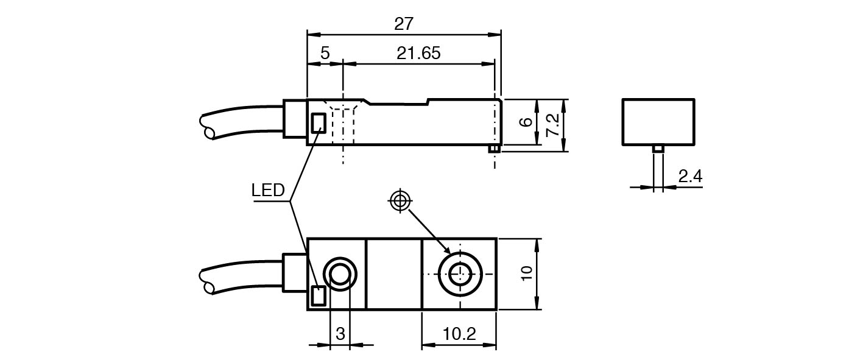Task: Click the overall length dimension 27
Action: coord(404,24)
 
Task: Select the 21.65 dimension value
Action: coord(418,53)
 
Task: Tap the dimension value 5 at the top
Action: coord(325,53)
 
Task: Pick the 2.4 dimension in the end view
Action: coord(690,177)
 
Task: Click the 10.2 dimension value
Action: coord(459,333)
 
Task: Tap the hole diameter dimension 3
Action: coord(340,333)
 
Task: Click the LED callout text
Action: coord(268,191)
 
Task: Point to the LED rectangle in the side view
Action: coord(318,124)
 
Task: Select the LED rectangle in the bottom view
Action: coord(318,296)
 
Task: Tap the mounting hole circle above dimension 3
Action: coord(339,273)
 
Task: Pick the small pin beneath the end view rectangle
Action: coord(658,149)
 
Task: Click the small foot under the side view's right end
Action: coord(495,149)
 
